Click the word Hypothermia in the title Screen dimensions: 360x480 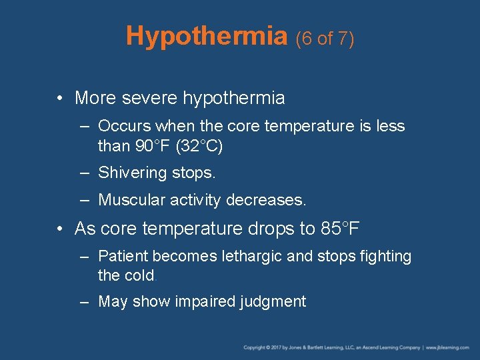tap(206, 36)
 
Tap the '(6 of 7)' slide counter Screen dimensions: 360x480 tap(325, 39)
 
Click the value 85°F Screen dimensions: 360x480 tap(340, 229)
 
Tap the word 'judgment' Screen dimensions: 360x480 tap(273, 302)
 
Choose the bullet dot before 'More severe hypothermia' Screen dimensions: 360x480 tap(60, 99)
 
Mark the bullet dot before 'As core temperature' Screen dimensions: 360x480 tap(60, 229)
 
